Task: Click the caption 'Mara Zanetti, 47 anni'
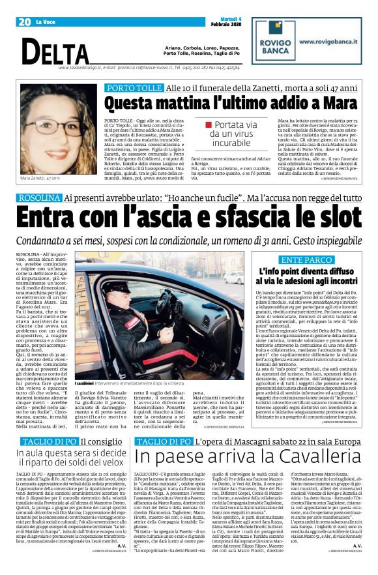coord(41,178)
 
